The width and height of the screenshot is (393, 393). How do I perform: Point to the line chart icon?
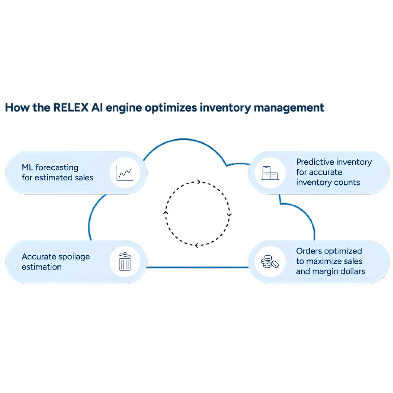125,173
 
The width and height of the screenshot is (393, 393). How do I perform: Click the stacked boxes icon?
269,172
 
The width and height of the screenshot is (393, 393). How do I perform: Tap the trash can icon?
125,262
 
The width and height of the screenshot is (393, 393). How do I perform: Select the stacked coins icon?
269,262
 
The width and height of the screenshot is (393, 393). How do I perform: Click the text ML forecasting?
50,168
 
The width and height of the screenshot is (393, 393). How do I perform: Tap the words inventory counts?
328,182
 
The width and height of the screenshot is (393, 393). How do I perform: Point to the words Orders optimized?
329,251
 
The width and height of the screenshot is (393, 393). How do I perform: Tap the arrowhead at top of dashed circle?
198,182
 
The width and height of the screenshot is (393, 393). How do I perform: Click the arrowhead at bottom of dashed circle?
196,245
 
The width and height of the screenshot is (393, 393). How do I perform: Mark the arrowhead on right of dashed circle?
230,215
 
